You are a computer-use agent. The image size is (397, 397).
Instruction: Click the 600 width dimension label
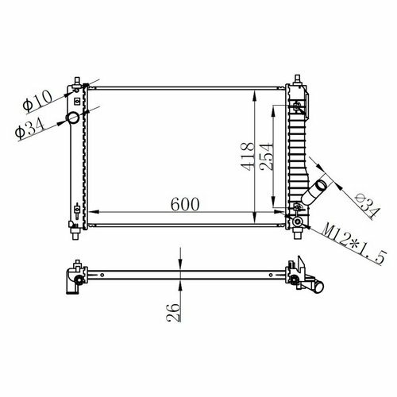coord(185,204)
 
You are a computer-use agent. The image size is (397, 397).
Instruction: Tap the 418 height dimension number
coord(248,156)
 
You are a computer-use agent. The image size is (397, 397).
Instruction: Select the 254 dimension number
coord(265,156)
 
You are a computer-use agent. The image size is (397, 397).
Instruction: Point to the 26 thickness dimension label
coord(174,313)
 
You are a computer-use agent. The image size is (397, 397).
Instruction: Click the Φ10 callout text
coord(37,101)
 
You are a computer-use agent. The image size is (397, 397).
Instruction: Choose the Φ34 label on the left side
coord(29,130)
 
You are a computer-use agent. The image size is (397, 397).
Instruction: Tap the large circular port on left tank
coord(73,118)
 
